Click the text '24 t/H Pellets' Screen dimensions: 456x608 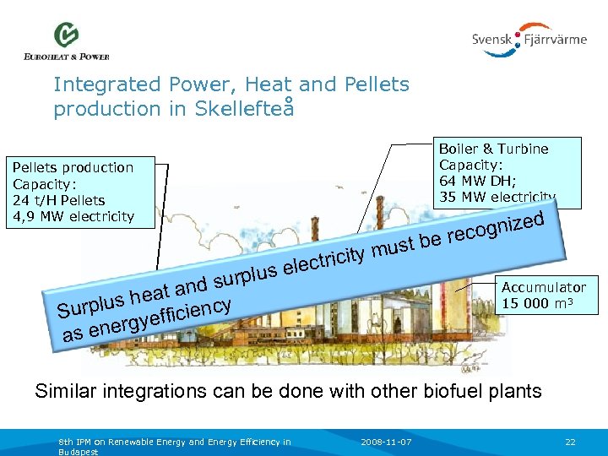tap(58, 200)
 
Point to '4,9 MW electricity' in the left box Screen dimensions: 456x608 tap(73, 216)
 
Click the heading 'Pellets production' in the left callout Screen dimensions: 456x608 tap(72, 167)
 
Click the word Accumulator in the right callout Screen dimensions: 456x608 tap(543, 287)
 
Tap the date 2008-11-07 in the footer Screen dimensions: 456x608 tap(385, 441)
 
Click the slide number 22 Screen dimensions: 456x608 tap(570, 441)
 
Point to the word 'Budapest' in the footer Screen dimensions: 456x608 tap(79, 452)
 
